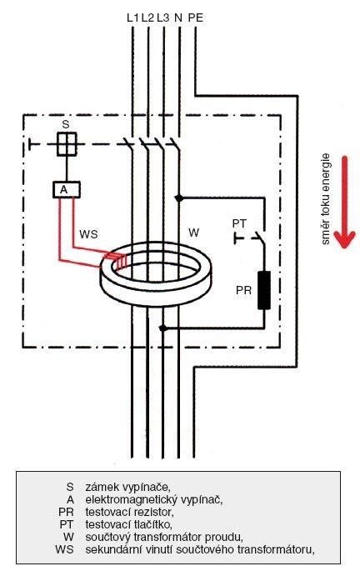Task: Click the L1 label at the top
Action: tap(133, 18)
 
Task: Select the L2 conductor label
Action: tap(147, 18)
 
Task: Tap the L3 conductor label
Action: tap(163, 18)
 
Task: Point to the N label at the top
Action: tap(178, 18)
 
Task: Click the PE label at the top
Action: tap(196, 18)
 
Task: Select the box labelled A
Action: tap(67, 190)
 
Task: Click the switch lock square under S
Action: tap(67, 144)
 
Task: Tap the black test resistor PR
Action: tap(264, 290)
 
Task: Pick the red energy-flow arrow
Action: tap(344, 202)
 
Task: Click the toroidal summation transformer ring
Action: tap(155, 298)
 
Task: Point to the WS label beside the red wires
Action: tap(88, 234)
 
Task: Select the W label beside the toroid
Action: tap(193, 233)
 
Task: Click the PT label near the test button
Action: tap(239, 223)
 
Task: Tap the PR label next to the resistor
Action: tap(243, 290)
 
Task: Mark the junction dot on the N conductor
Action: tap(179, 198)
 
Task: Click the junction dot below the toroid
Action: tap(163, 328)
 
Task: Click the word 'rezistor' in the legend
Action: tap(153, 512)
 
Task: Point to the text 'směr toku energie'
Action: tap(326, 198)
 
